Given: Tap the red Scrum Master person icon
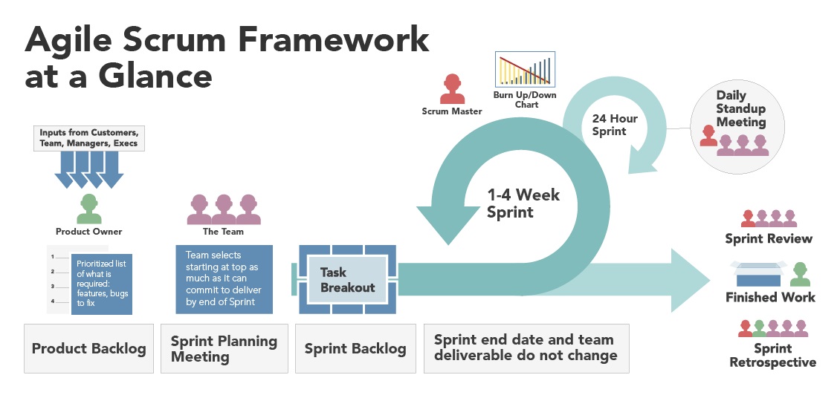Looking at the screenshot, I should pyautogui.click(x=451, y=89).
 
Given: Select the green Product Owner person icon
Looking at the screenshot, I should pyautogui.click(x=88, y=209).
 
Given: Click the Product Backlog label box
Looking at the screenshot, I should pyautogui.click(x=88, y=348).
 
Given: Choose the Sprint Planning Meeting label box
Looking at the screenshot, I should pyautogui.click(x=224, y=348).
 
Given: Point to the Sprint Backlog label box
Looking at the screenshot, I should pyautogui.click(x=355, y=348).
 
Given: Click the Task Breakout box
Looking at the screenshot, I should pyautogui.click(x=347, y=280).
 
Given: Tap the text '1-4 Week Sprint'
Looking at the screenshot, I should pyautogui.click(x=523, y=203).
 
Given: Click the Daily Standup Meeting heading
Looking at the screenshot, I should pyautogui.click(x=740, y=109).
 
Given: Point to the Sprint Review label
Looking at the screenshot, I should pyautogui.click(x=769, y=238).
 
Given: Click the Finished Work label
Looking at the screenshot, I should pyautogui.click(x=770, y=297).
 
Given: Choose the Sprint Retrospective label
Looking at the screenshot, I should pyautogui.click(x=772, y=355).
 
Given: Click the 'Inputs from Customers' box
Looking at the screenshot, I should pyautogui.click(x=88, y=138).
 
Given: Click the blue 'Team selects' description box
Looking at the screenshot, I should pyautogui.click(x=224, y=278).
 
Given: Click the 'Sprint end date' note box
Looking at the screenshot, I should pyautogui.click(x=526, y=348).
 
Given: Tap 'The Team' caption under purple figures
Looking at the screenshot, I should pyautogui.click(x=223, y=231).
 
